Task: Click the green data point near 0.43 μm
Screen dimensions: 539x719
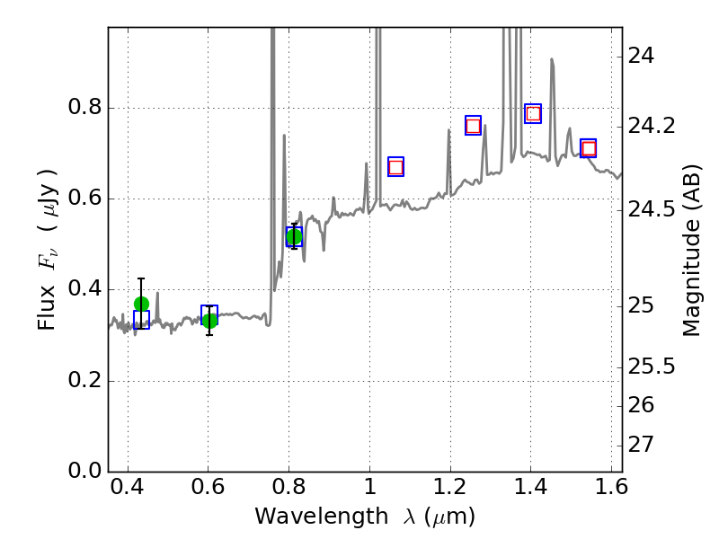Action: pyautogui.click(x=141, y=304)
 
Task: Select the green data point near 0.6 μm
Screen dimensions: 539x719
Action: pyautogui.click(x=209, y=321)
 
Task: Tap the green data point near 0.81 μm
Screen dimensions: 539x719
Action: pyautogui.click(x=294, y=236)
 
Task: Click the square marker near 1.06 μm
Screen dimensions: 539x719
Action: pyautogui.click(x=395, y=167)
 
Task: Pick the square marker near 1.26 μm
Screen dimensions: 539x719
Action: pyautogui.click(x=473, y=126)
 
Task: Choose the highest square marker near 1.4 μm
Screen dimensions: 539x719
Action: pyautogui.click(x=533, y=113)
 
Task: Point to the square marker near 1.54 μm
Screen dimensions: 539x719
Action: pyautogui.click(x=589, y=148)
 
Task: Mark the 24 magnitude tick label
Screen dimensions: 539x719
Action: pyautogui.click(x=643, y=56)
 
